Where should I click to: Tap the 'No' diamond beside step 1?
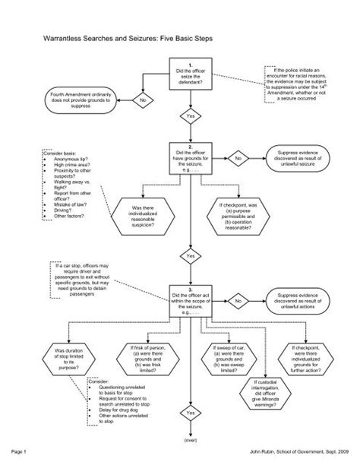142,100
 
